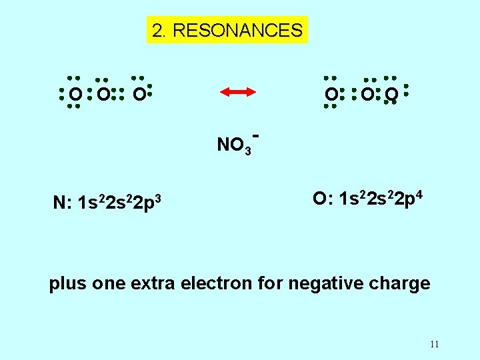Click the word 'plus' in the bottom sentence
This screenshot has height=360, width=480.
click(69, 284)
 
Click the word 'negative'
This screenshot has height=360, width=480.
click(328, 284)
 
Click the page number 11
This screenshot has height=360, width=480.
click(434, 345)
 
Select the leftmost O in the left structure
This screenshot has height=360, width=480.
click(77, 96)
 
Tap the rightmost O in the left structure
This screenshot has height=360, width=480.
click(138, 96)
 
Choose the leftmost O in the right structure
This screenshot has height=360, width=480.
click(331, 96)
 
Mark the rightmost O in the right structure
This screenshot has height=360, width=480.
click(392, 96)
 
